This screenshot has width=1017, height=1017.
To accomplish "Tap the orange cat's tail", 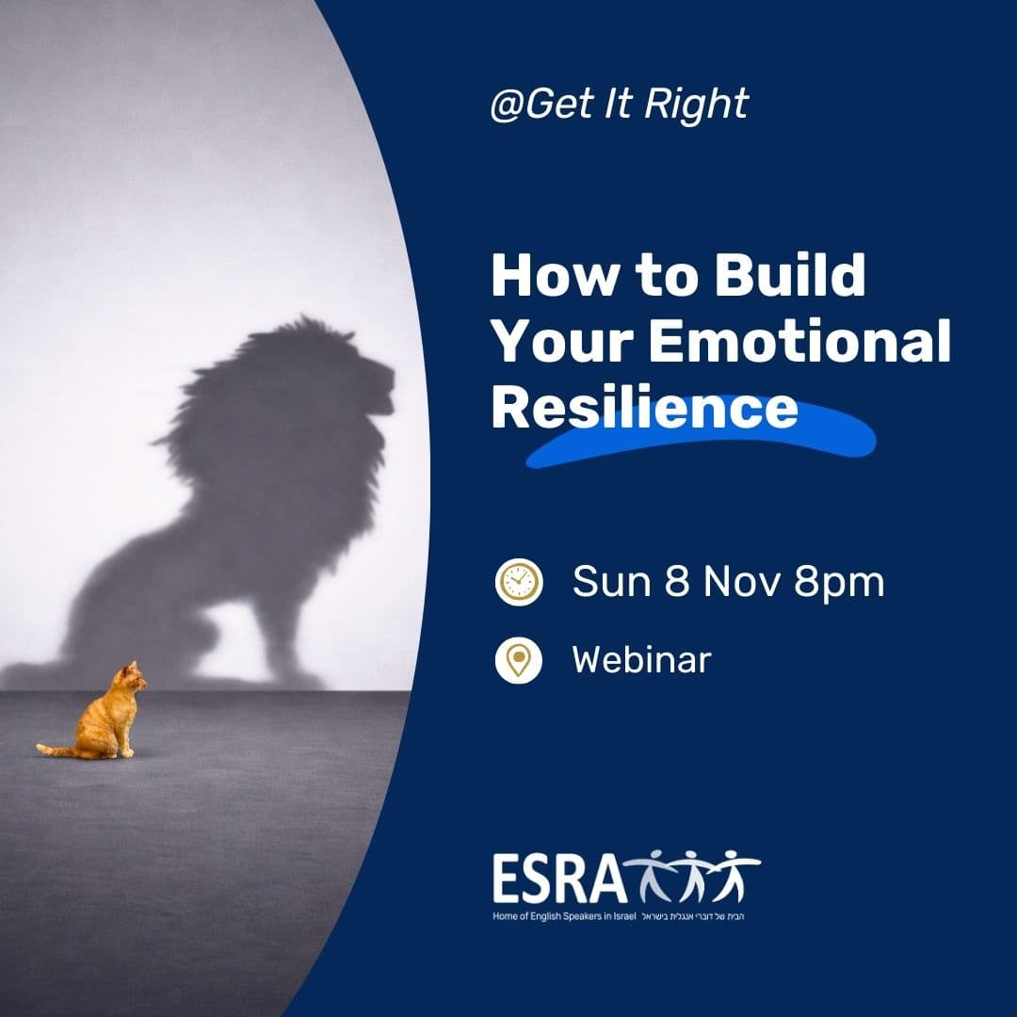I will click(56, 751).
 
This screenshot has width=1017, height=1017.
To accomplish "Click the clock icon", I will click(519, 581).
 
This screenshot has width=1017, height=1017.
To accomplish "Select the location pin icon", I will click(519, 660).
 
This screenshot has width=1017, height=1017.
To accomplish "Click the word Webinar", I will click(641, 660).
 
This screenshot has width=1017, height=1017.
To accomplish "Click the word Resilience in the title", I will click(644, 409).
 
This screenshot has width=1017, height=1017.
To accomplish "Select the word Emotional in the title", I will click(799, 343).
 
